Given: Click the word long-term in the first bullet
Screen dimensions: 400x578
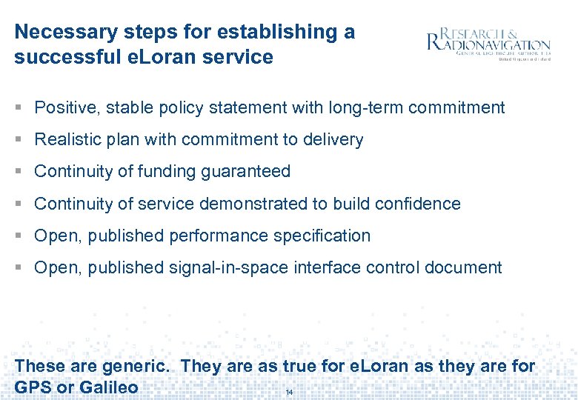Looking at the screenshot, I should pos(367,107).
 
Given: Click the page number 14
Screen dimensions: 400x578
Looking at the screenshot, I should pos(290,392).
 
